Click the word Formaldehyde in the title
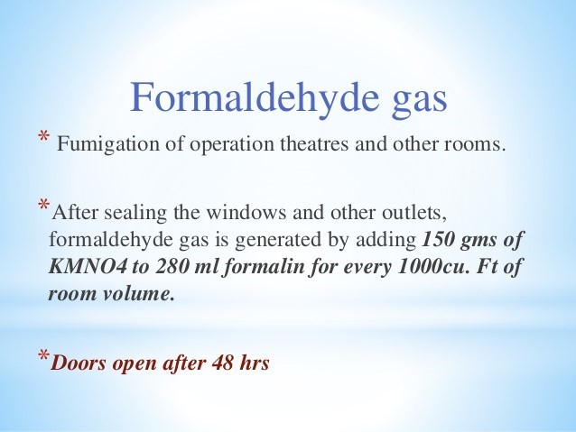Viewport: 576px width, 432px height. (x=255, y=97)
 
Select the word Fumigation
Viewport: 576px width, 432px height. (x=108, y=144)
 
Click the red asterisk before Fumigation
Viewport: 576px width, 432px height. (x=43, y=136)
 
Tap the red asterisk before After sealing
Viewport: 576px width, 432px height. (x=44, y=204)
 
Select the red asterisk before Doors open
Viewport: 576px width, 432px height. (x=44, y=355)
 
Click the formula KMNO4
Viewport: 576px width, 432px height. (x=88, y=266)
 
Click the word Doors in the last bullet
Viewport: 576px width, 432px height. (x=79, y=363)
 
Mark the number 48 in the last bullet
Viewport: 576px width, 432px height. (x=222, y=363)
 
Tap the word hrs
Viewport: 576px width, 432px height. (x=255, y=363)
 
